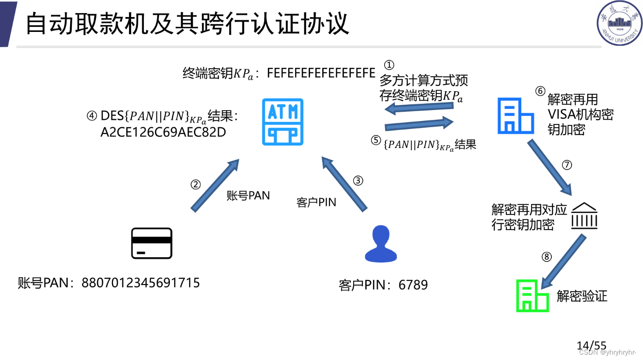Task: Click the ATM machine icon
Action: pyautogui.click(x=283, y=122)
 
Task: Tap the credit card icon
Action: pyautogui.click(x=151, y=243)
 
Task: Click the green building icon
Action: pyautogui.click(x=532, y=296)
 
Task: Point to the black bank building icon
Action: pyautogui.click(x=584, y=215)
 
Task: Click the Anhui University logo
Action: pyautogui.click(x=619, y=23)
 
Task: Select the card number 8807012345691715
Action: pyautogui.click(x=141, y=283)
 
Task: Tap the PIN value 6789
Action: pyautogui.click(x=413, y=285)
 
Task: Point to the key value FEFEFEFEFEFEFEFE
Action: pyautogui.click(x=321, y=73)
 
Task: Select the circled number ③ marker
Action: pyautogui.click(x=358, y=181)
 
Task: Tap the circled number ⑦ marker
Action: pyautogui.click(x=567, y=165)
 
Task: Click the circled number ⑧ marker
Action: pyautogui.click(x=546, y=257)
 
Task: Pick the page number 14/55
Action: pyautogui.click(x=591, y=346)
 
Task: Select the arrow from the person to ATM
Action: pyautogui.click(x=344, y=183)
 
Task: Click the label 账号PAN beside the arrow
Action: pyautogui.click(x=248, y=196)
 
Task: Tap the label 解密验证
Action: pyautogui.click(x=582, y=296)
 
